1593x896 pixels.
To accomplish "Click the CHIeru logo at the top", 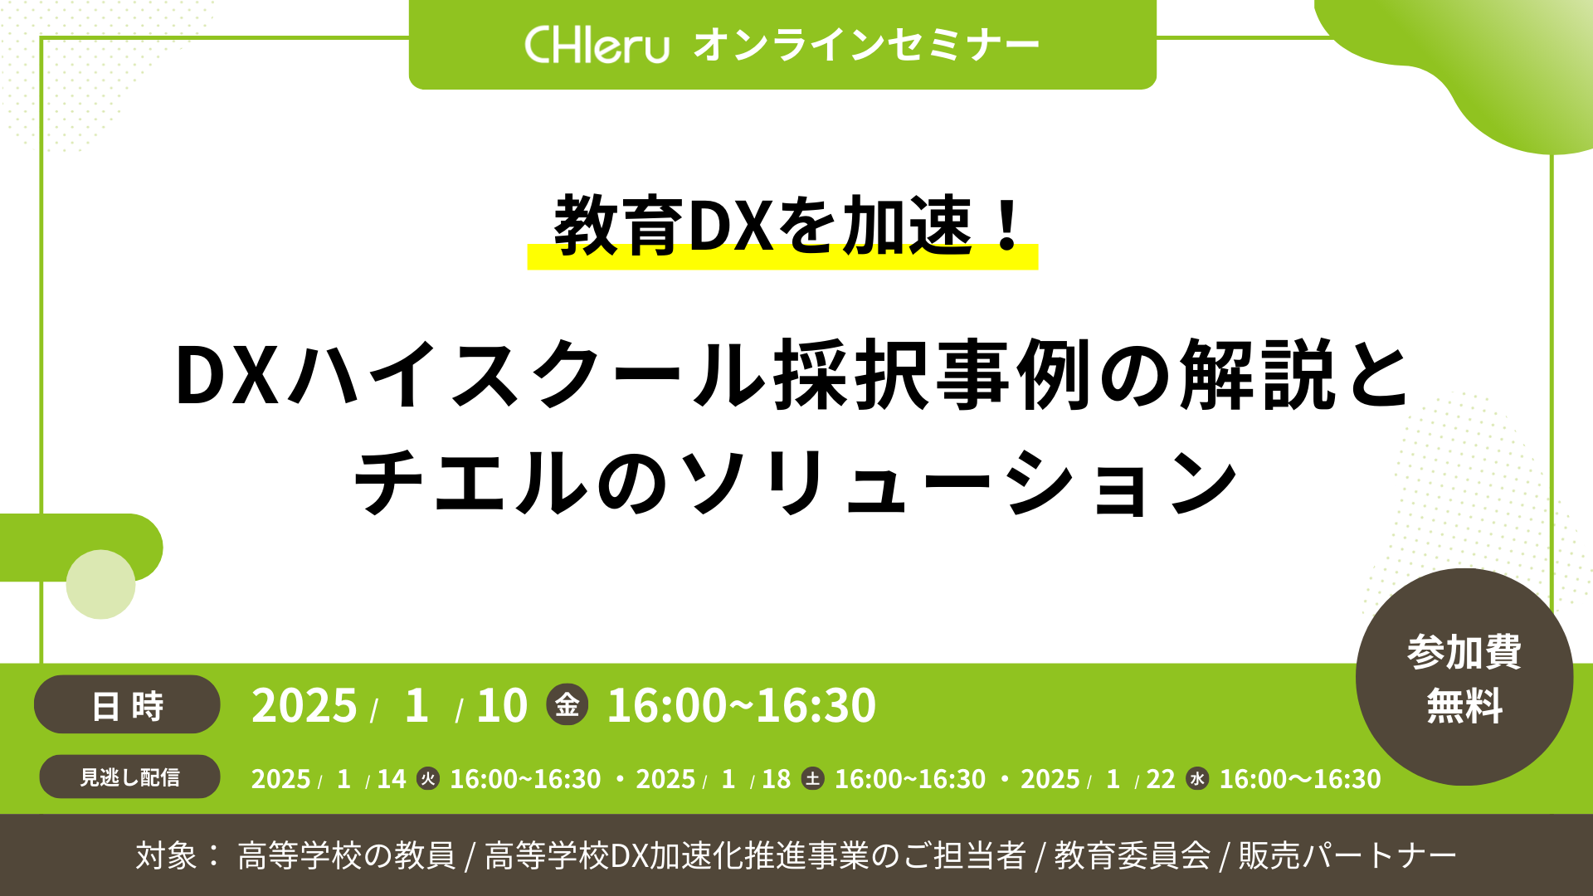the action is point(597,45).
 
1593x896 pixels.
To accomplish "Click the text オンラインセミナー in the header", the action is point(866,45).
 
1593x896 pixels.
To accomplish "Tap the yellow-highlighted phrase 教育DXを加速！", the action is point(783,226).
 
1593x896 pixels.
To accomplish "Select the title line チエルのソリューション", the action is point(796,482).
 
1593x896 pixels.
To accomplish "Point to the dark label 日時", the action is point(127,705).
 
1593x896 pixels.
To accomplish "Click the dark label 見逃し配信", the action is point(129,777).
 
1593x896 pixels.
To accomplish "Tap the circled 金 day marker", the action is point(568,705).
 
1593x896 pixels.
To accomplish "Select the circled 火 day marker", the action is point(428,779).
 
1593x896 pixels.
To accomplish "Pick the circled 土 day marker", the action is point(813,779).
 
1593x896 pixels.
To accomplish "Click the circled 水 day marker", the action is point(1197,779).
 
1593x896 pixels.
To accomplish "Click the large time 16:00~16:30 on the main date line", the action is point(742,706).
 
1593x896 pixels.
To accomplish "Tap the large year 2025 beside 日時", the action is point(304,706).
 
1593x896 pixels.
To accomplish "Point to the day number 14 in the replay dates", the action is point(392,779).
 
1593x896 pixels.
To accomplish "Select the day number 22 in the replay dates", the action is point(1161,779).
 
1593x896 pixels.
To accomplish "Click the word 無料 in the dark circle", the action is point(1464,707).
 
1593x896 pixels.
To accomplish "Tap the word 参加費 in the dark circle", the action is point(1464,652).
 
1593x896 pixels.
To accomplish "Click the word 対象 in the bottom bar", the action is point(167,855).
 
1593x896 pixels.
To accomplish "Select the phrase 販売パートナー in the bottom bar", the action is point(1347,855).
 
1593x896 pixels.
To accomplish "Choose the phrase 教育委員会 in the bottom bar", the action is point(1133,855).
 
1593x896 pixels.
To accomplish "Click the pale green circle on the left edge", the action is point(100,584).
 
